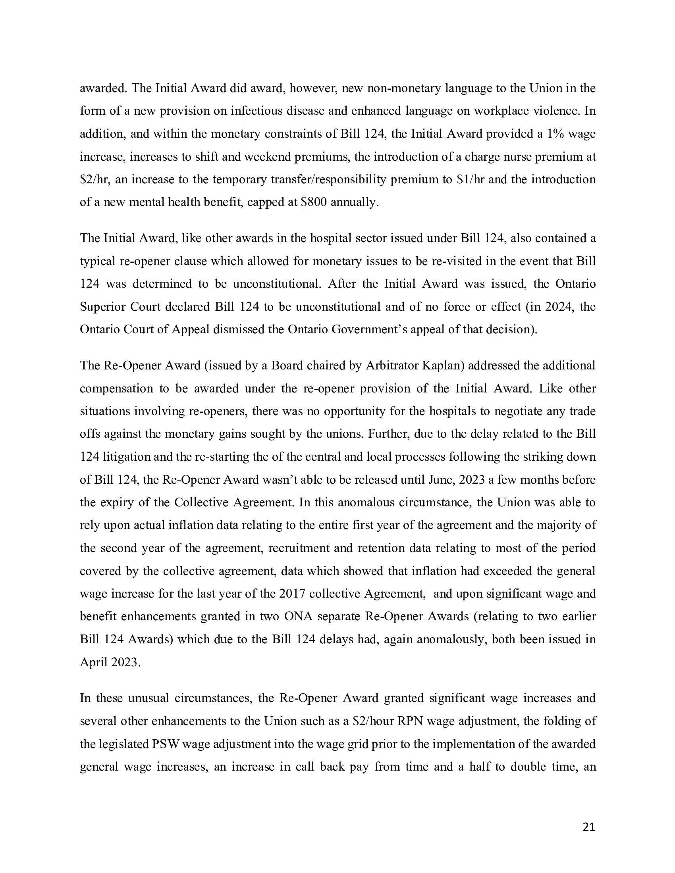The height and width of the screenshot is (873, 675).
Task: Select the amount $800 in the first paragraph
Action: (x=314, y=202)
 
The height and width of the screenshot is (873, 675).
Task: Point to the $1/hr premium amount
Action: (x=471, y=179)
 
